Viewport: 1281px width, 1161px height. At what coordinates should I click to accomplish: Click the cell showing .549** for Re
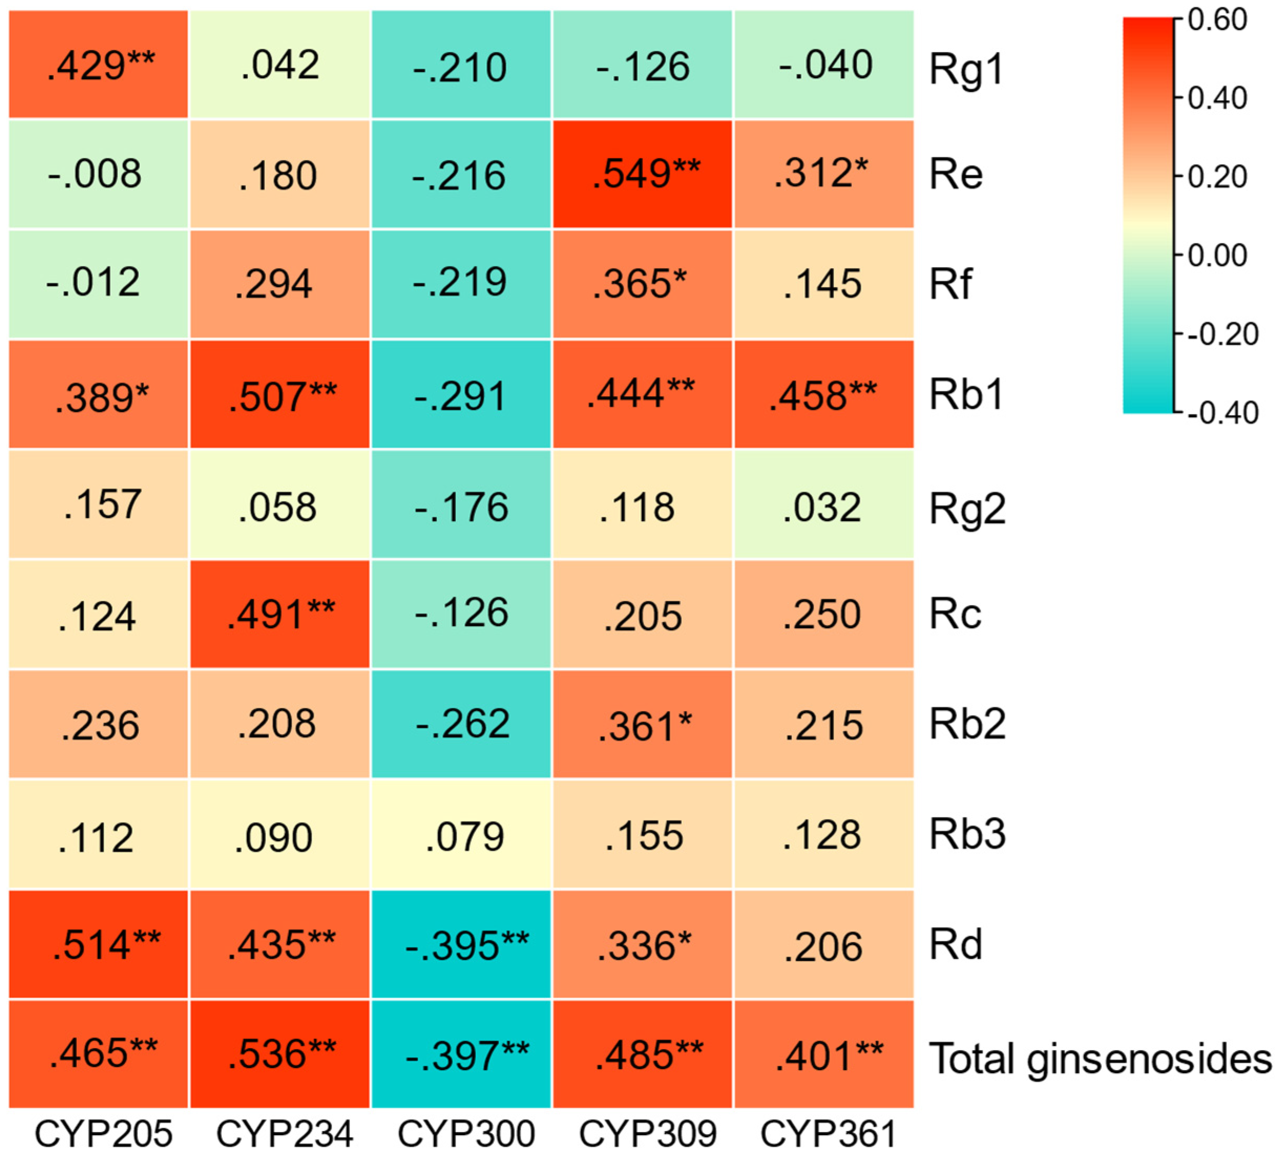[x=643, y=173]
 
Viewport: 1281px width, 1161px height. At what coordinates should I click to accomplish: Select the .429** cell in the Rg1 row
[x=99, y=64]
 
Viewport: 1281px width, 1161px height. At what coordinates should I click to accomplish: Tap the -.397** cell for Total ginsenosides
[x=461, y=1055]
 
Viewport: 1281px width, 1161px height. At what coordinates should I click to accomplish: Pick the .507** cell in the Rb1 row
[x=280, y=395]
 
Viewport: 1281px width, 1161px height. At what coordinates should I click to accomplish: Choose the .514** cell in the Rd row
[x=99, y=944]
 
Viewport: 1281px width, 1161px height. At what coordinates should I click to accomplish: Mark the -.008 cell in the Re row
[x=99, y=173]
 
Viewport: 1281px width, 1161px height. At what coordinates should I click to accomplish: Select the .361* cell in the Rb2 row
[x=643, y=725]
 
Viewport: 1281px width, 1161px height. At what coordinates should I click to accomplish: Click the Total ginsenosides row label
[x=1099, y=1058]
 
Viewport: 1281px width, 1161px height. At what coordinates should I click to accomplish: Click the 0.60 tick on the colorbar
[x=1216, y=20]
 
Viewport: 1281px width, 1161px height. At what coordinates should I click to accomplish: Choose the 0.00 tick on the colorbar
[x=1216, y=255]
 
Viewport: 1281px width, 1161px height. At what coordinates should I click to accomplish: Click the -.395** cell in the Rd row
[x=461, y=944]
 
